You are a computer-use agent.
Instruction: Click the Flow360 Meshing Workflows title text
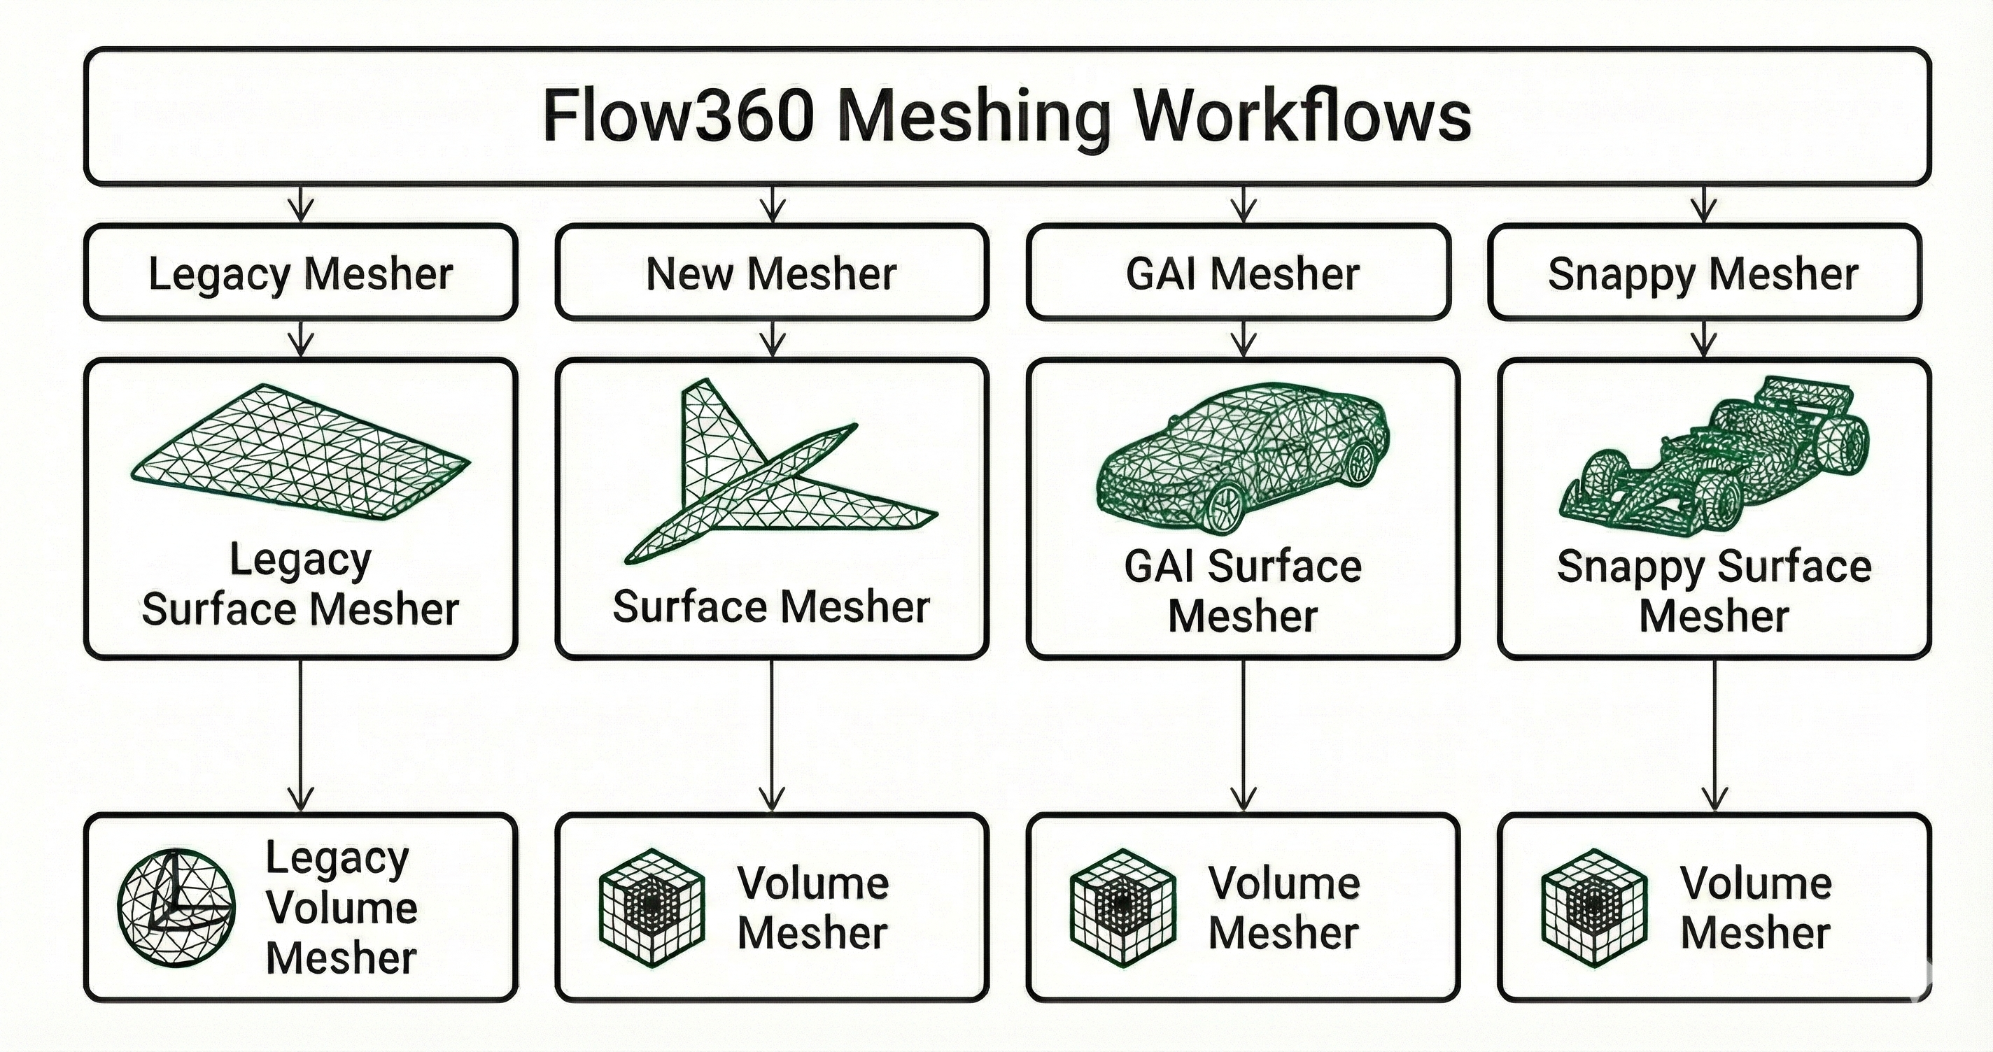point(1006,116)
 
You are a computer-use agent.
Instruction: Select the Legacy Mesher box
point(300,273)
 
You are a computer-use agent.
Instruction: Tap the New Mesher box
point(771,273)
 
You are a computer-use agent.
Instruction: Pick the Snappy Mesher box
point(1704,273)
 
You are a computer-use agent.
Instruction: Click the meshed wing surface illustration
point(300,453)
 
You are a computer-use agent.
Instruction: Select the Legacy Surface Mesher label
point(300,584)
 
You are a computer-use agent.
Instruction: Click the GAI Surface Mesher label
point(1243,591)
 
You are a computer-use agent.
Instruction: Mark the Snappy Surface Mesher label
point(1714,591)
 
